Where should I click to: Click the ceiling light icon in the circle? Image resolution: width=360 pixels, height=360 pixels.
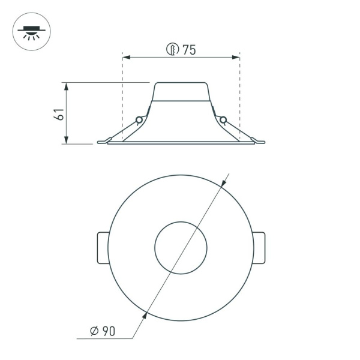(x=31, y=31)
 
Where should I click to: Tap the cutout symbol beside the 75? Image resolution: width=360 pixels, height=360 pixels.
(x=173, y=50)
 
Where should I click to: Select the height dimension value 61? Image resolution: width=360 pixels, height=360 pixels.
(x=59, y=114)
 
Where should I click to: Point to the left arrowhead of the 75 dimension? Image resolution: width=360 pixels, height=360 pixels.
(x=125, y=58)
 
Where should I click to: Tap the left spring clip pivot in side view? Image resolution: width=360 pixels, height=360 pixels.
(x=139, y=120)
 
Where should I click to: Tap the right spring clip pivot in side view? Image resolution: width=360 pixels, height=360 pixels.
(x=223, y=120)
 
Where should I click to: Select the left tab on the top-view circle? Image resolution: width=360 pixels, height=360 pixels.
(x=102, y=248)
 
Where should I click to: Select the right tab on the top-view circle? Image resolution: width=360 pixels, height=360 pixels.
(x=259, y=248)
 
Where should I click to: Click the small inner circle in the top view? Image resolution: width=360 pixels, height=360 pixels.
(x=181, y=248)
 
